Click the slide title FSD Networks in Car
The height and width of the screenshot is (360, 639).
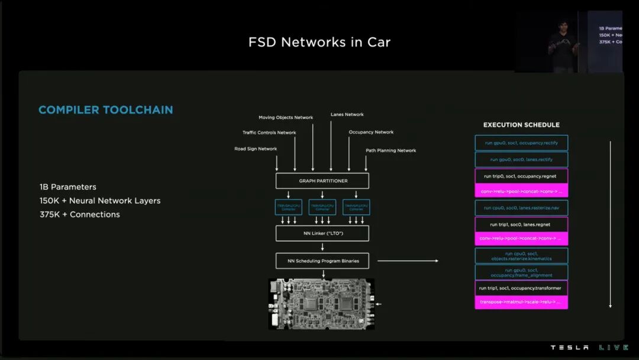[319, 42]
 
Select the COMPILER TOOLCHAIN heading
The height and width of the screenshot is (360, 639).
[106, 110]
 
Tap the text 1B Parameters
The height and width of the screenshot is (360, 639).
[68, 187]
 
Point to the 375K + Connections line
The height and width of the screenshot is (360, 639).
[80, 214]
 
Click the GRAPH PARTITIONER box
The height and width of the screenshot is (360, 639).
[322, 181]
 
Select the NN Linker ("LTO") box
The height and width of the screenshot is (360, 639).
[322, 233]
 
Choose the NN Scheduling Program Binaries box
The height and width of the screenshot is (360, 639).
[322, 261]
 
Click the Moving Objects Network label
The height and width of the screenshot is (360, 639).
[286, 117]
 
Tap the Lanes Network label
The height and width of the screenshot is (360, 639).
[347, 114]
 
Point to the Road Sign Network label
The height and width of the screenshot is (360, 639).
[256, 149]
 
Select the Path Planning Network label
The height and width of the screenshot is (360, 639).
[390, 150]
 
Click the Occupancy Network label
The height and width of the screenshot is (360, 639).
[371, 132]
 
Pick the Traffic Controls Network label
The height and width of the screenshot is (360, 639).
[269, 133]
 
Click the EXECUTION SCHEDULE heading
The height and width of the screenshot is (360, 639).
[521, 125]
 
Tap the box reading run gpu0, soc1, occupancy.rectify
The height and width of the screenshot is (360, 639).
[521, 143]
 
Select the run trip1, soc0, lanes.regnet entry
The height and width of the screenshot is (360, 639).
[521, 224]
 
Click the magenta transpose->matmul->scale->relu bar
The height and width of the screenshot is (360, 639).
[521, 302]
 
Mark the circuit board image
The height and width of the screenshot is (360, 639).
[321, 304]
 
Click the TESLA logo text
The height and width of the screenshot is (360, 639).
[570, 348]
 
